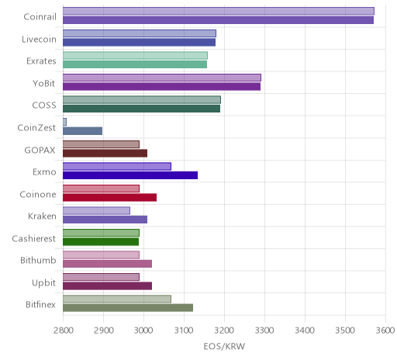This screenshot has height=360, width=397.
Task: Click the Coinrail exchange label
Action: tap(40, 17)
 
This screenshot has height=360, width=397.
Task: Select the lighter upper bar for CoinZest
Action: tap(64, 122)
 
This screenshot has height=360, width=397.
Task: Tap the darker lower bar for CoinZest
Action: tap(82, 131)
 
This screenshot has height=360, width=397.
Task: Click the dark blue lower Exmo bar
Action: tap(130, 175)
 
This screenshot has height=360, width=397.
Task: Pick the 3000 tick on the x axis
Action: tap(143, 331)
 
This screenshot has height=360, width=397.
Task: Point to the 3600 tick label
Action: tap(385, 331)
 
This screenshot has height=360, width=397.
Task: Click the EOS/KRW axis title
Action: tap(224, 346)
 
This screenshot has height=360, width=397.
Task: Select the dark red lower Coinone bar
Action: tap(109, 198)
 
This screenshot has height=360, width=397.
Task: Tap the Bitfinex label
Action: tap(40, 305)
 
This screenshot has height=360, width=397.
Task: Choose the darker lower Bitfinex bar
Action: tap(128, 308)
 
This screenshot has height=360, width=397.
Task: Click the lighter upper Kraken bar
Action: tap(96, 211)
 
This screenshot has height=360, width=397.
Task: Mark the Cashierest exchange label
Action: tap(34, 238)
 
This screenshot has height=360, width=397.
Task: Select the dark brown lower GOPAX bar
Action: tap(105, 154)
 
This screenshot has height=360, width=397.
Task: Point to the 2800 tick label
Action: tap(64, 331)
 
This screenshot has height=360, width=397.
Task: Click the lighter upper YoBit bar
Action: tap(162, 78)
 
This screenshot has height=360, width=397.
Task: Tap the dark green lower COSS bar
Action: tap(141, 109)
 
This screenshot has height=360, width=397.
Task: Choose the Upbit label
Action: tap(43, 282)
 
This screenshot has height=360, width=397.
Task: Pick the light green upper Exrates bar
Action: tap(135, 56)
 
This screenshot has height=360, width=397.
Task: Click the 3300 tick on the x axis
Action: tap(264, 331)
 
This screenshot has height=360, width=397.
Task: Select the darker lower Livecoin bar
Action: tap(139, 43)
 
